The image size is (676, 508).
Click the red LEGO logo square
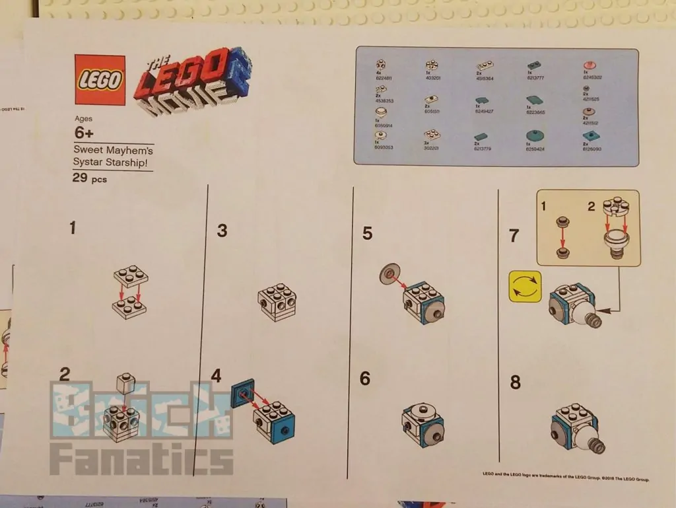click(x=100, y=79)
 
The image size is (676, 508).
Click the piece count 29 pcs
click(x=89, y=178)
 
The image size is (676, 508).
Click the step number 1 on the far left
click(x=73, y=229)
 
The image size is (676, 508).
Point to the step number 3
click(x=222, y=231)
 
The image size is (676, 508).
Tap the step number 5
click(x=368, y=233)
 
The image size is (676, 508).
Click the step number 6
click(x=366, y=379)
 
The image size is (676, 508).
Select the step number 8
click(x=515, y=382)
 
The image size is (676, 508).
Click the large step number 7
click(x=514, y=235)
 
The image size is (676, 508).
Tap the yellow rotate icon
click(x=525, y=287)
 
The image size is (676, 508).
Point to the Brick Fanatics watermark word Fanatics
click(x=141, y=460)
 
